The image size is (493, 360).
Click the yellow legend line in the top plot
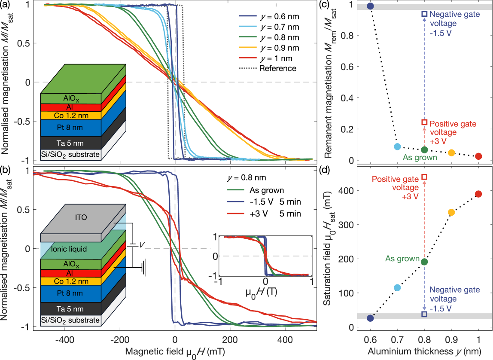pos(248,47)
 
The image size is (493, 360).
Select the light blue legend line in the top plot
pos(248,26)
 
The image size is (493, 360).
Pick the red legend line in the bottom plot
pos(235,214)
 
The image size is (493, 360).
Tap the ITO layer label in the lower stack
pos(81,217)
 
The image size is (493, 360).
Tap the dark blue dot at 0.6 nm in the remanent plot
pos(370,6)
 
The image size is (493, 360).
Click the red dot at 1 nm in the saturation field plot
pos(478,194)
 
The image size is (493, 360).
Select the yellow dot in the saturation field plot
pos(451,212)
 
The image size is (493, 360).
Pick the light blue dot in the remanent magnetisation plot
pos(397,146)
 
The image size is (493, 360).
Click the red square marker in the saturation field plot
pos(424,177)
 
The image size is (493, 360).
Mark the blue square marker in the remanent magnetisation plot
pos(424,14)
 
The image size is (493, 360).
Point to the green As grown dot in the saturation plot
pos(424,262)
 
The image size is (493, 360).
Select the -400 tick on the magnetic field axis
pos(64,339)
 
